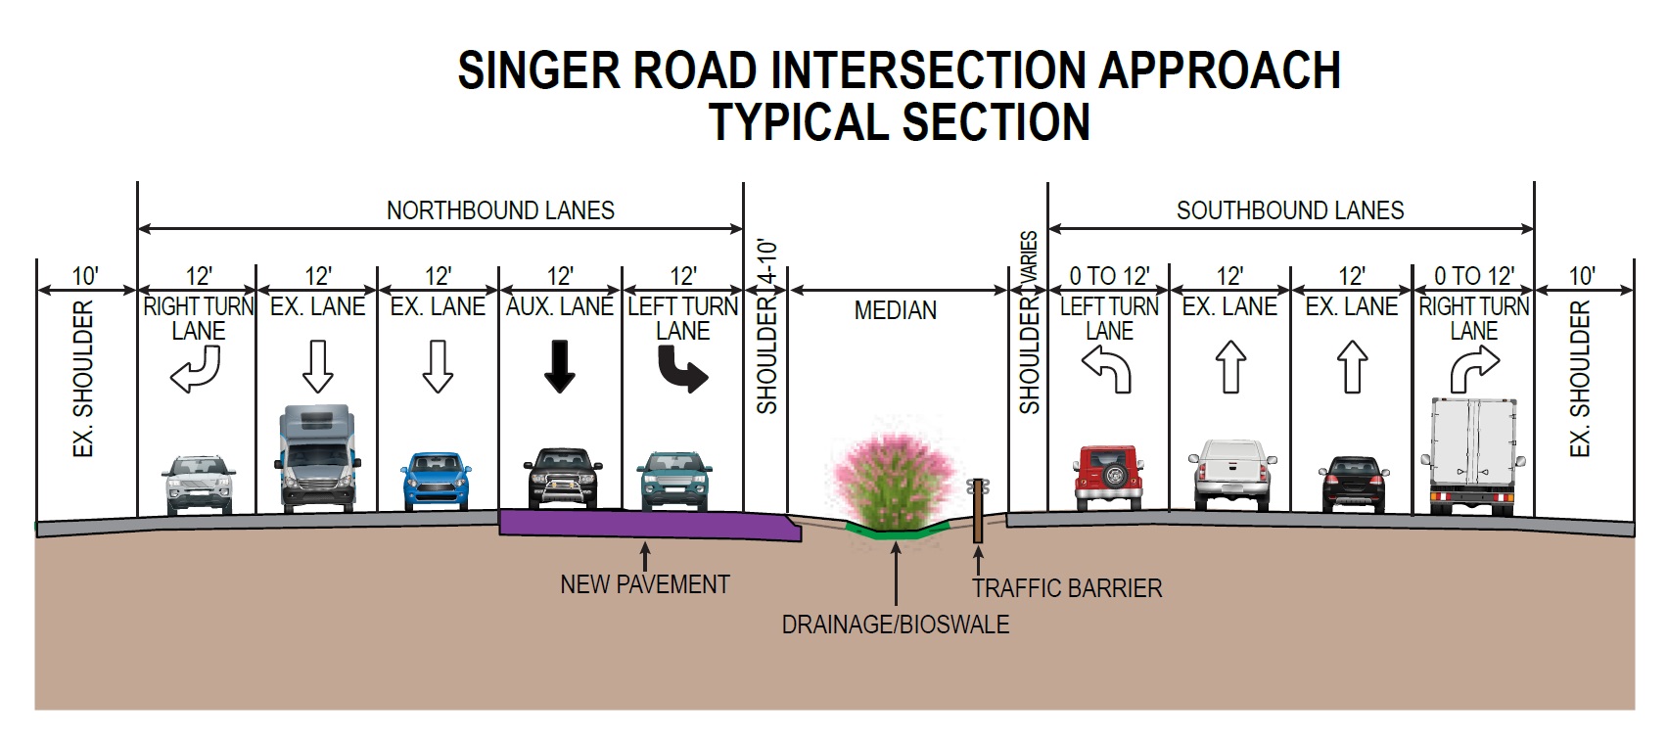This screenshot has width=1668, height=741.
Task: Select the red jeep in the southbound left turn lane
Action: pos(1109,477)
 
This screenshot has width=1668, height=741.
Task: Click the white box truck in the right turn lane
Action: pos(1473,455)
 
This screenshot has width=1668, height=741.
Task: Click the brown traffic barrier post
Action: pos(977,511)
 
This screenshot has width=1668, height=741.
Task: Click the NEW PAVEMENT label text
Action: pos(644,584)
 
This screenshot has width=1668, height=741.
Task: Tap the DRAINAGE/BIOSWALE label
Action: pos(895,625)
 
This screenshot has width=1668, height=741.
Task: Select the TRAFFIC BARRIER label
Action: pos(1066,588)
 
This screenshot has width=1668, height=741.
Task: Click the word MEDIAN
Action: pos(895,310)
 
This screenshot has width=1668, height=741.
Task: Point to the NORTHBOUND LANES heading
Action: pos(500,210)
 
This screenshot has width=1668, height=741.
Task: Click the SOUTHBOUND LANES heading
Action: pos(1289,210)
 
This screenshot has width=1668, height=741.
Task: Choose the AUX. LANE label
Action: pos(560,306)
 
